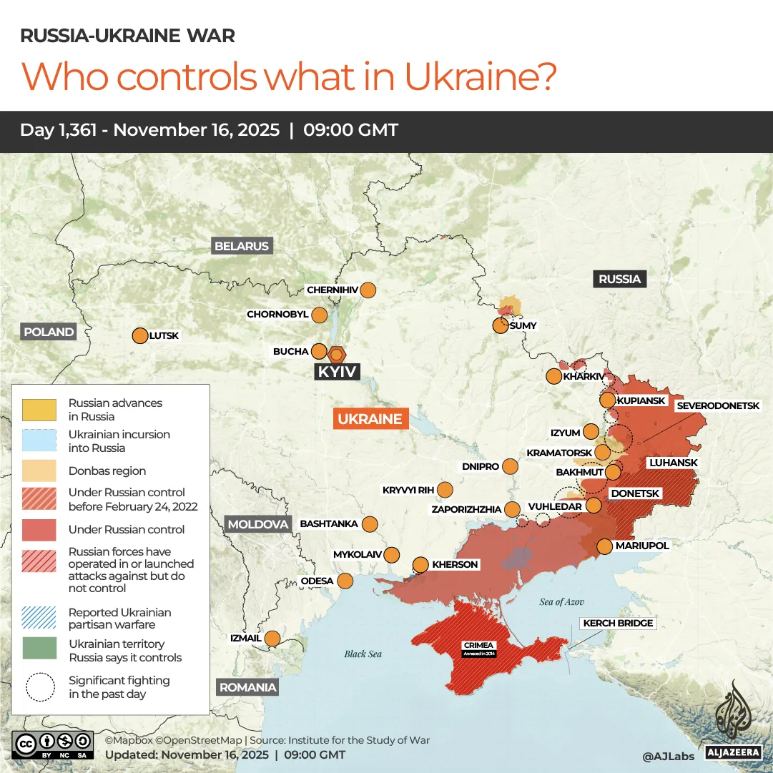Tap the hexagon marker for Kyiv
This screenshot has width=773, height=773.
point(336,353)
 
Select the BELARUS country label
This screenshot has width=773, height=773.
point(242,246)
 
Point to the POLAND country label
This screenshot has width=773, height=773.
point(49,332)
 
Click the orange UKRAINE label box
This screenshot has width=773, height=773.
point(370,419)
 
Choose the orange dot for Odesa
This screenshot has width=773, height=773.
point(345,581)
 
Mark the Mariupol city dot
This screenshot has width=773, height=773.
point(604,546)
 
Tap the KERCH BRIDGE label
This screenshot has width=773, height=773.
point(618,623)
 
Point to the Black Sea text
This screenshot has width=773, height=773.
point(363,654)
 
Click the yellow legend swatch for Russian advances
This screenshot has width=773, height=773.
point(39,410)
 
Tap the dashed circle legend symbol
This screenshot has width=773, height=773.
point(39,686)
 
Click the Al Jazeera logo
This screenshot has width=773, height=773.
point(732,719)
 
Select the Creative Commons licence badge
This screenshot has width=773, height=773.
point(53,744)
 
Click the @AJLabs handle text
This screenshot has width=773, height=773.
point(667,755)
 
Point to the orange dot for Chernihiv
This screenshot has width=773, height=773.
point(368,290)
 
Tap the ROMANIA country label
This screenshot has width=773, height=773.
point(247,687)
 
